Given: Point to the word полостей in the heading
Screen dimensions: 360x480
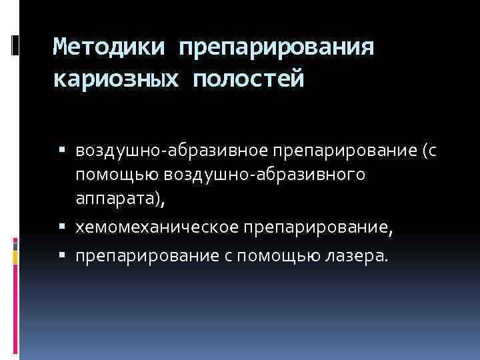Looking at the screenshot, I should click(248, 80).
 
